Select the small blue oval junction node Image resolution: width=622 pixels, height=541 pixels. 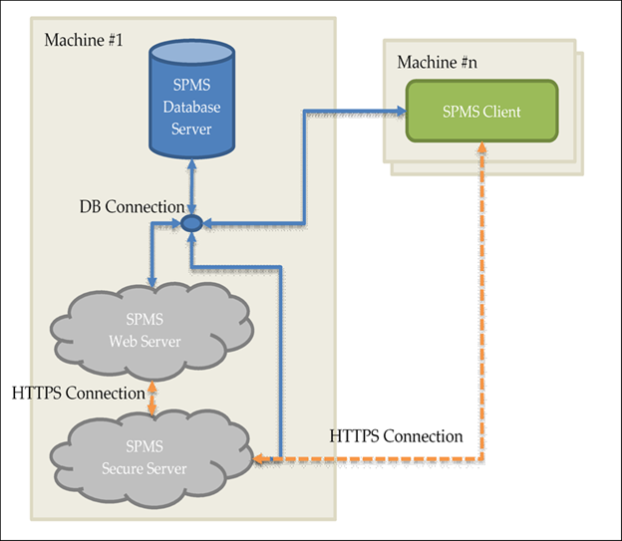click(192, 222)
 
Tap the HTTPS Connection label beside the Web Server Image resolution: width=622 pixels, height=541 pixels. click(79, 393)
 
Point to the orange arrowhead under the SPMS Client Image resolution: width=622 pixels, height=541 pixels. click(482, 147)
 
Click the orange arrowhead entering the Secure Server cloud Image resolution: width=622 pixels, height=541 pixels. click(260, 459)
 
